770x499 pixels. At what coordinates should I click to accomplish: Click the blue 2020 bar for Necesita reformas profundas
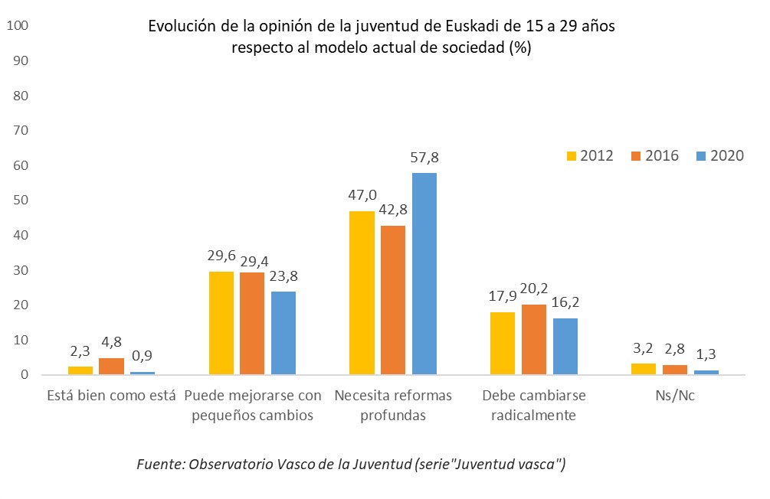coord(424,273)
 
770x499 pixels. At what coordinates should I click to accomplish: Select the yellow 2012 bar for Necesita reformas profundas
coord(362,292)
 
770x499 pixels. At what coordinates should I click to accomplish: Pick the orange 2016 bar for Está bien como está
coord(110,366)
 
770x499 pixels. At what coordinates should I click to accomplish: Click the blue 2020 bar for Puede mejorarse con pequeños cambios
coord(283,333)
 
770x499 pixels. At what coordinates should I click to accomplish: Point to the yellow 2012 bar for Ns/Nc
coord(644,369)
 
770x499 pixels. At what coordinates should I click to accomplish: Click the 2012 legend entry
coord(588,155)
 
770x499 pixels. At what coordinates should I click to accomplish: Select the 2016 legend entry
coord(653,155)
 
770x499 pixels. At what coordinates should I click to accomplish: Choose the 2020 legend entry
coord(718,155)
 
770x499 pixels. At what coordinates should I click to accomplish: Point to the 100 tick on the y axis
coord(18,26)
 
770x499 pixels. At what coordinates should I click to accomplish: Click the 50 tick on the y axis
coord(21,201)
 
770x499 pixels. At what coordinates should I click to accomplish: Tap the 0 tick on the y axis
coord(25,375)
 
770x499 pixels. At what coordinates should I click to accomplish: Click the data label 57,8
coord(424,158)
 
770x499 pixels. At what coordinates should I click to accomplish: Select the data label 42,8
coord(393,211)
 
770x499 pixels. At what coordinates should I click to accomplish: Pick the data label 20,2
coord(533,289)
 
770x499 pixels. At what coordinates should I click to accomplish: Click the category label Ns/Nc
coord(674,396)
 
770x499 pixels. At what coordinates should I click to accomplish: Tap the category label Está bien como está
coord(111,396)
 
